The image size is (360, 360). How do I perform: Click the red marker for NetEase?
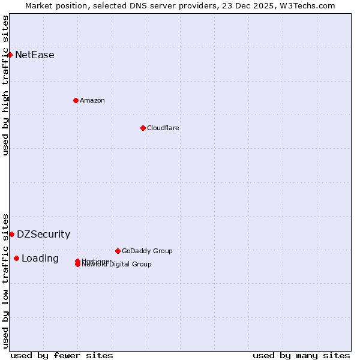(10, 55)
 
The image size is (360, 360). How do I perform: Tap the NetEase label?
(34, 55)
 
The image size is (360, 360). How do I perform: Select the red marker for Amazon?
(76, 100)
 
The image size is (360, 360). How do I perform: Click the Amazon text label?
(92, 100)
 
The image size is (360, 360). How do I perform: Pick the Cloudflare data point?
(143, 128)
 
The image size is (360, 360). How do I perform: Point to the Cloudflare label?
(163, 128)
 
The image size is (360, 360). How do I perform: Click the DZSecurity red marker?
(11, 234)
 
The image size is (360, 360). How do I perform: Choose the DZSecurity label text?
(43, 235)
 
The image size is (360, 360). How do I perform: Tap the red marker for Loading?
(16, 258)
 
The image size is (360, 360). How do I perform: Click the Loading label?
(40, 259)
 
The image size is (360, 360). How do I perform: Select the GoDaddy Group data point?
(118, 251)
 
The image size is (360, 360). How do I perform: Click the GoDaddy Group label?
(147, 251)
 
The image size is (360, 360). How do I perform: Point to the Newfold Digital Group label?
(118, 265)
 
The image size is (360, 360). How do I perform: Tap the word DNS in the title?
(156, 5)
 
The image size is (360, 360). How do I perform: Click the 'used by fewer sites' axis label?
(62, 355)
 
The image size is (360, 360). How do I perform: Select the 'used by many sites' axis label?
(301, 355)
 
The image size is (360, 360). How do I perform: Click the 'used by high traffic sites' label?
(5, 85)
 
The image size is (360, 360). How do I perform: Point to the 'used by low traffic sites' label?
(5, 281)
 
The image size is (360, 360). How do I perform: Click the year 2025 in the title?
(268, 5)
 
